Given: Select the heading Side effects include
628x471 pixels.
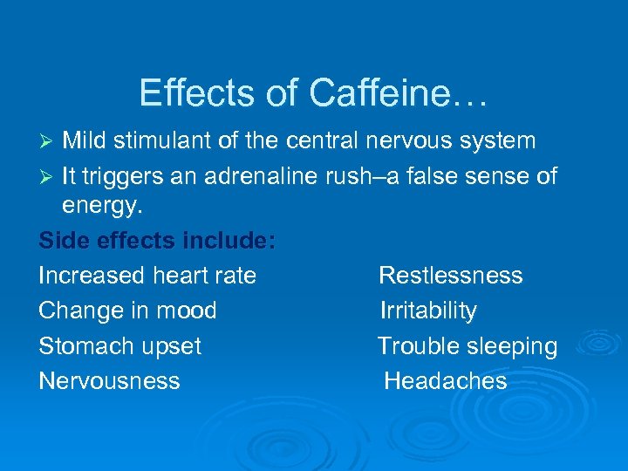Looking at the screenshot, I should pos(157,242).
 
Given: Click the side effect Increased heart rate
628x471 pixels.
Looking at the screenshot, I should pos(147,276).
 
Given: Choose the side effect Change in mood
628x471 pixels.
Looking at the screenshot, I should pos(127,311).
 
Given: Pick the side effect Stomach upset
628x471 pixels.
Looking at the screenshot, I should pos(119,346).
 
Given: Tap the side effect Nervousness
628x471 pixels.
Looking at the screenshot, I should pos(109,380).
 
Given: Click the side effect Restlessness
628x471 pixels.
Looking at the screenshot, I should pos(450,276).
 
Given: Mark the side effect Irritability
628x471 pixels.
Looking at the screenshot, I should pos(428,311).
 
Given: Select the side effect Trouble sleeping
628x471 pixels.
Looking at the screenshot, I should pos(468,346).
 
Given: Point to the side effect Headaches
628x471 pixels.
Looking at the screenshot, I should pos(446,380).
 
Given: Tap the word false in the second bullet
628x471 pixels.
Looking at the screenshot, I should pos(423,177).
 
